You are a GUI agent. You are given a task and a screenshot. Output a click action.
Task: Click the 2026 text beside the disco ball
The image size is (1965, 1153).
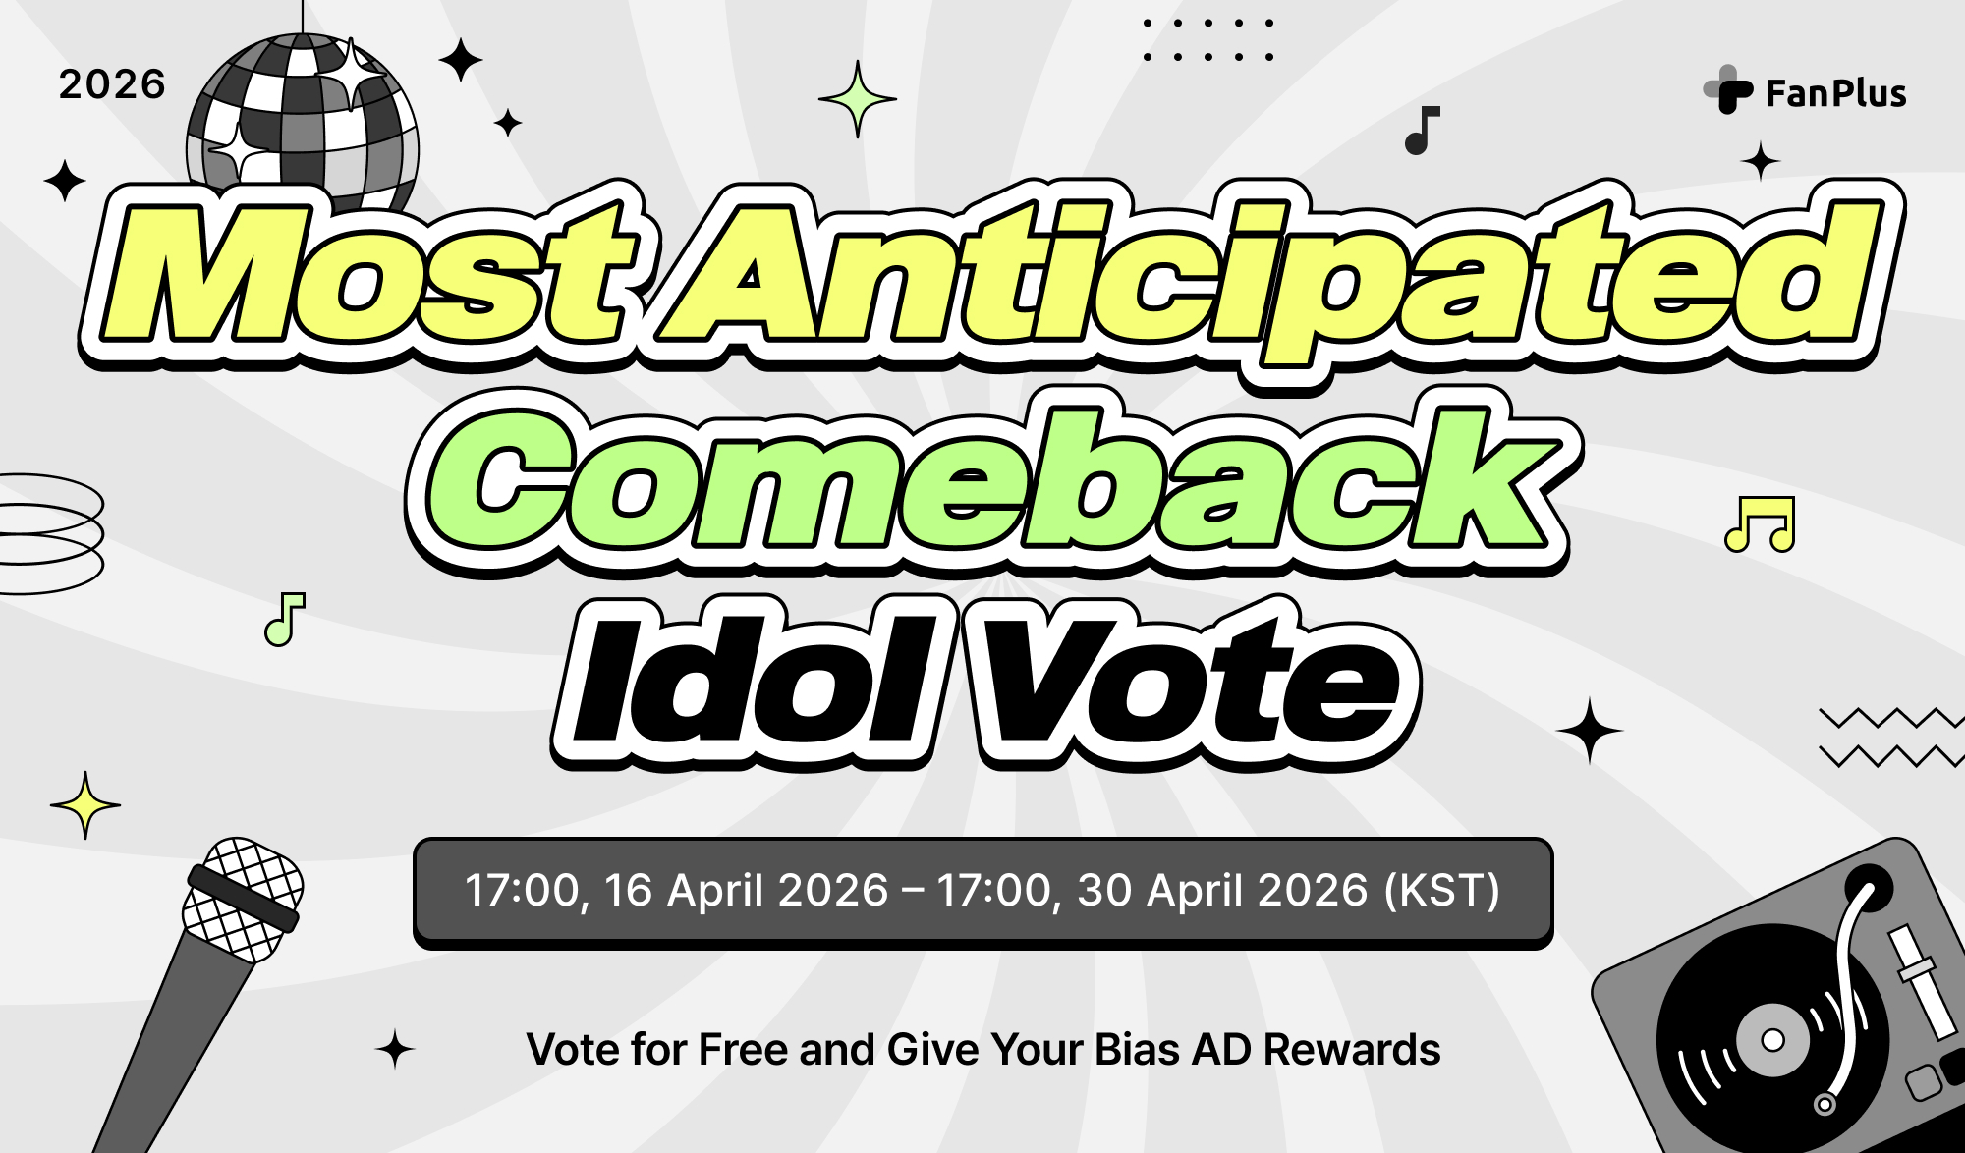click(x=112, y=84)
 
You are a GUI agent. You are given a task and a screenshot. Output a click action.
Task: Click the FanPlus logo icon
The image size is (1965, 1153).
click(x=1728, y=90)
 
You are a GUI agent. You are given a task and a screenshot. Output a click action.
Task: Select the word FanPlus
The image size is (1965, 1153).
click(x=1835, y=93)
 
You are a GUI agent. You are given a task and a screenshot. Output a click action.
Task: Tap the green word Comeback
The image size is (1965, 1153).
click(x=992, y=481)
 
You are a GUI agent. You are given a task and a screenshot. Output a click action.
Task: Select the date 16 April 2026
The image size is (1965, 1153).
click(x=747, y=891)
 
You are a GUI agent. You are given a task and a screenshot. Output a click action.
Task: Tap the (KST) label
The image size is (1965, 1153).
click(x=1441, y=891)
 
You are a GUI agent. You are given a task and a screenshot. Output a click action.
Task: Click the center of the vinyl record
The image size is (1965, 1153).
click(x=1772, y=1040)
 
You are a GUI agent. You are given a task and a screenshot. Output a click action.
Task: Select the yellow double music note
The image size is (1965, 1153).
click(x=1760, y=524)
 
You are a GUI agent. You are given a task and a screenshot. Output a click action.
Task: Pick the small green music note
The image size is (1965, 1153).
click(x=284, y=620)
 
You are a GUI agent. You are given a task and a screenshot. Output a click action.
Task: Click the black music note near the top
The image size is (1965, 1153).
click(x=1421, y=131)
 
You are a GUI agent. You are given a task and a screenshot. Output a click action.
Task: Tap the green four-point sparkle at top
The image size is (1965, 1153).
click(x=858, y=98)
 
